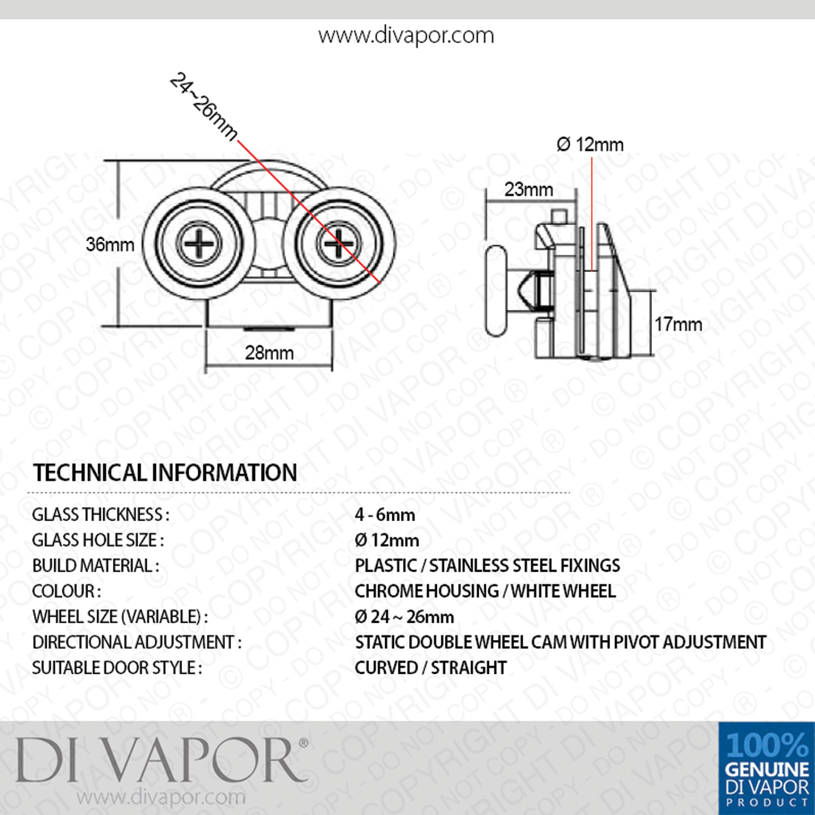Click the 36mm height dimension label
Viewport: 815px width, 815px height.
110,244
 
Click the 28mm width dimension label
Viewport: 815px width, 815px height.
269,353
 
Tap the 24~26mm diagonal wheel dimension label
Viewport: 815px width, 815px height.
203,106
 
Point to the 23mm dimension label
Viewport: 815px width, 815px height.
529,190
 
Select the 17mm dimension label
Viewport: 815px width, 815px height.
678,324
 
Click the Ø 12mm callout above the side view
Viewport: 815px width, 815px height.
590,145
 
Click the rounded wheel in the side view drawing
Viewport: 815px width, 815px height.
496,291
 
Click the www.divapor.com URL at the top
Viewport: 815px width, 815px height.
406,36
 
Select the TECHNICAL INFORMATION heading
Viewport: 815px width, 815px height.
165,473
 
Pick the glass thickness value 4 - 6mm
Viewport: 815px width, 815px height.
385,515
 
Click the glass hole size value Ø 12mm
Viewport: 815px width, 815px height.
387,540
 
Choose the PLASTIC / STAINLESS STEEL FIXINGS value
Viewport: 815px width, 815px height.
487,566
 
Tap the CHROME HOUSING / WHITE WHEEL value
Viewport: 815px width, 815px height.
485,591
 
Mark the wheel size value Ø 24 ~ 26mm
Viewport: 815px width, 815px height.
404,617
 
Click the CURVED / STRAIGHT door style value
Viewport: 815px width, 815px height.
431,668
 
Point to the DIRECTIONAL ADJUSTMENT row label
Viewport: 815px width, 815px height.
137,642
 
